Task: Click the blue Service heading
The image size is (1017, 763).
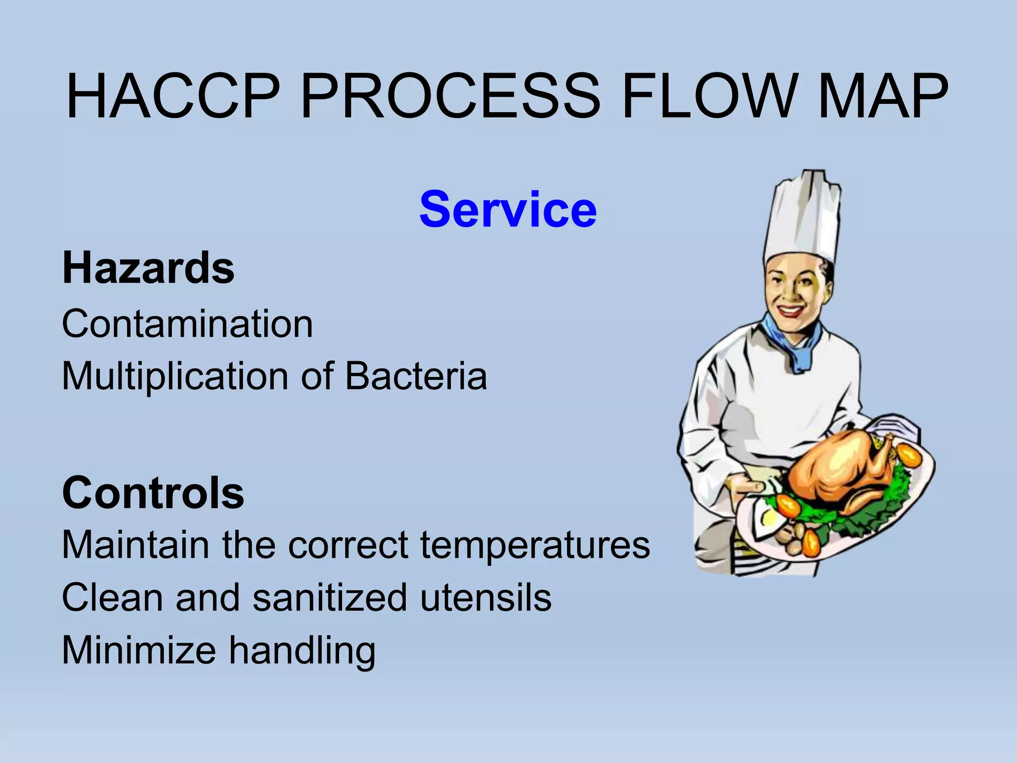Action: pos(508,210)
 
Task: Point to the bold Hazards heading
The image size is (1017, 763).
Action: pos(148,268)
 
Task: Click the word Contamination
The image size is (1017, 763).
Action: pos(187,324)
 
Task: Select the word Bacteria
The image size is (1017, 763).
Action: pos(416,376)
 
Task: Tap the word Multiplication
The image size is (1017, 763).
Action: pos(176,376)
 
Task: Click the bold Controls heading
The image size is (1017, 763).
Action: pos(153,493)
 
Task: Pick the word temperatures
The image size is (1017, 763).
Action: pos(535,545)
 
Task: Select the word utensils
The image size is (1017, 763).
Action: pos(486,598)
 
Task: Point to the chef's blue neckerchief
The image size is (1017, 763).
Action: pos(792,343)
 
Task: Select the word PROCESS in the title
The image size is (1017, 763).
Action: pos(450,97)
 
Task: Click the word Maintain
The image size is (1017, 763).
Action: pos(135,545)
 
